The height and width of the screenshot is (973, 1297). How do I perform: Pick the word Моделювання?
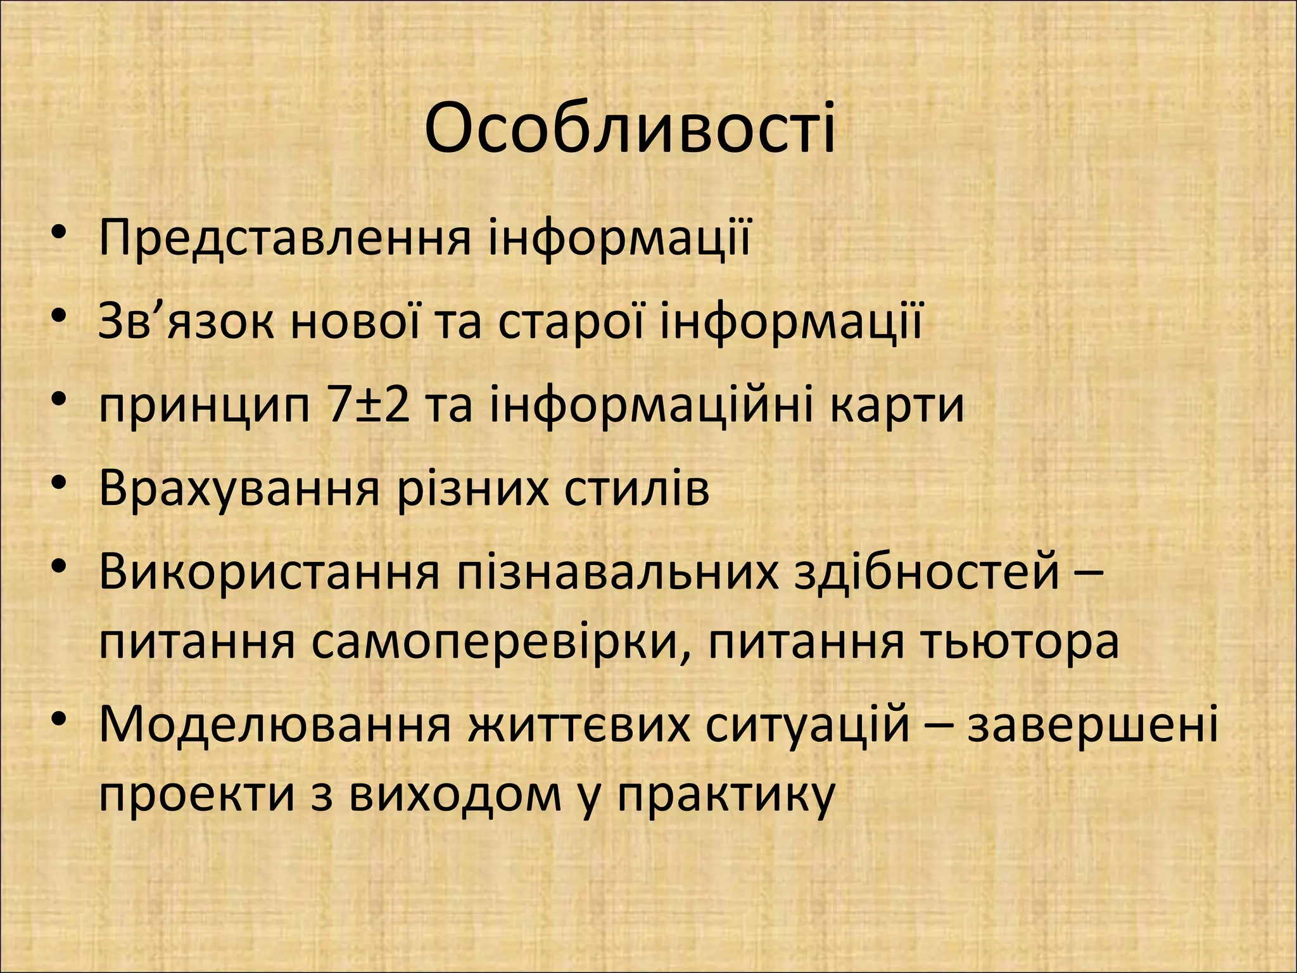pos(275,726)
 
